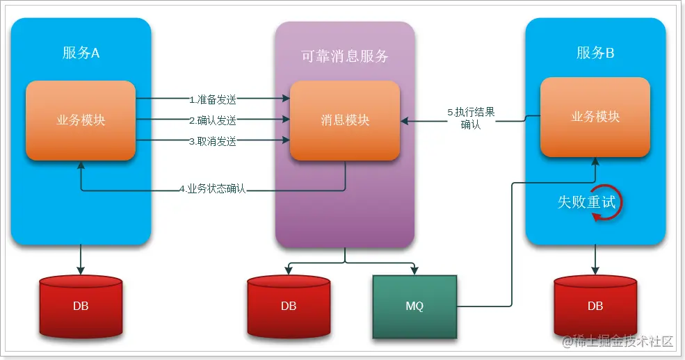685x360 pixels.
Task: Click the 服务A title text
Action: pyautogui.click(x=81, y=53)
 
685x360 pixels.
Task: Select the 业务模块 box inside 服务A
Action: pyautogui.click(x=81, y=120)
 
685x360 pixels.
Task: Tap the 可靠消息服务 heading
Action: pyautogui.click(x=345, y=57)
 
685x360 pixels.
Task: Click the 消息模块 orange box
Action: pyautogui.click(x=345, y=120)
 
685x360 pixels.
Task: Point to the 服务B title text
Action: pyautogui.click(x=595, y=53)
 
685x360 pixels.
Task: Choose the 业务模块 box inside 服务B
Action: pyautogui.click(x=595, y=117)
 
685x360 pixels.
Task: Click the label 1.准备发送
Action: pyautogui.click(x=212, y=99)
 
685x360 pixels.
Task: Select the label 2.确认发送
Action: pyautogui.click(x=212, y=120)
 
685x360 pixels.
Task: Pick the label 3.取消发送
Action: pyautogui.click(x=212, y=141)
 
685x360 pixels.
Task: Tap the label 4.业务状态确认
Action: pyautogui.click(x=212, y=189)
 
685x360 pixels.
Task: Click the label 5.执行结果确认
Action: pyautogui.click(x=471, y=118)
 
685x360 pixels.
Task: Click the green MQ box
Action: pyautogui.click(x=414, y=306)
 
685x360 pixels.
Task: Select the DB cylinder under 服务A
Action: pyautogui.click(x=81, y=306)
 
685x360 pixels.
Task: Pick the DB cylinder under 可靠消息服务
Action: pyautogui.click(x=289, y=306)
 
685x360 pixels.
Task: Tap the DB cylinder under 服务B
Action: pyautogui.click(x=595, y=306)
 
